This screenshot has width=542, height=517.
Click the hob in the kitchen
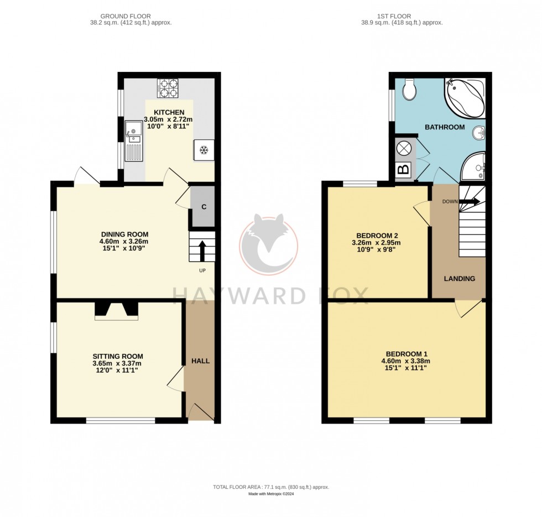pyautogui.click(x=169, y=88)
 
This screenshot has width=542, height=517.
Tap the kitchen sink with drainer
pyautogui.click(x=133, y=141)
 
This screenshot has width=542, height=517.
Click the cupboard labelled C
pyautogui.click(x=203, y=207)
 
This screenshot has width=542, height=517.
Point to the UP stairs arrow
pyautogui.click(x=201, y=250)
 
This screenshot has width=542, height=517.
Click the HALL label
pyautogui.click(x=200, y=361)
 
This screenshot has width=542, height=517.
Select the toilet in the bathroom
pyautogui.click(x=410, y=89)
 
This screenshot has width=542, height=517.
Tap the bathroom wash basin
pyautogui.click(x=480, y=133)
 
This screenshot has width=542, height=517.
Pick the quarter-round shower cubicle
pyautogui.click(x=473, y=167)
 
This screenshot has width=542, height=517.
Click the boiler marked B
pyautogui.click(x=404, y=170)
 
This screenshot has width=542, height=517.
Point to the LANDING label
pyautogui.click(x=460, y=279)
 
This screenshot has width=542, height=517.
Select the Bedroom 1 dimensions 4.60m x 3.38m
pyautogui.click(x=406, y=361)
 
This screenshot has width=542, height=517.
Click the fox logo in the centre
pyautogui.click(x=269, y=243)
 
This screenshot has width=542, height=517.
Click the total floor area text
pyautogui.click(x=271, y=487)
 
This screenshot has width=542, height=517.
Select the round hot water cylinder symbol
pyautogui.click(x=404, y=148)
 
